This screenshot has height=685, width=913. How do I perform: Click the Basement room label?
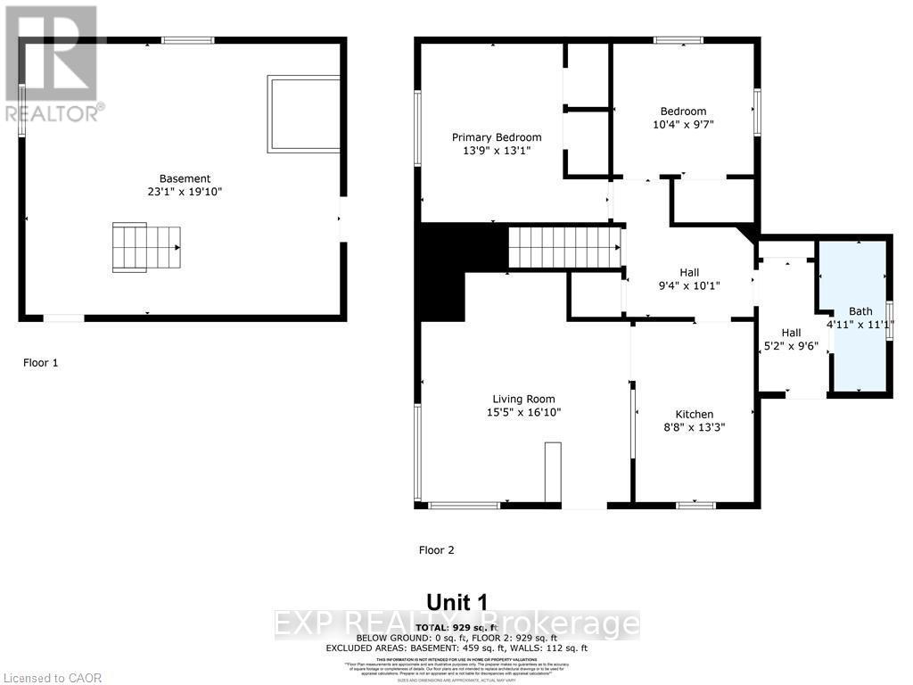185,178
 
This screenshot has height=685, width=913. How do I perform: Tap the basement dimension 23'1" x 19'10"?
185,191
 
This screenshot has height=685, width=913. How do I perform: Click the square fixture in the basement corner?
303,113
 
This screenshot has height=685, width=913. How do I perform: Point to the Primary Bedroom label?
497,136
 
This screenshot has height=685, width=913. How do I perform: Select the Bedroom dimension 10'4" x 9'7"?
683,125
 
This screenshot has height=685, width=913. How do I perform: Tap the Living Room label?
524,399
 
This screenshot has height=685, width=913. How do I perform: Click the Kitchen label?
694,414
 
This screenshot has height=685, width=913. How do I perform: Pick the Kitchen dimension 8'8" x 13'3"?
694,427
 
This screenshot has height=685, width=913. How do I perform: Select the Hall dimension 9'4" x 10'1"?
688,285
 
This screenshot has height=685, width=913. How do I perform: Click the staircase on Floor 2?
564,246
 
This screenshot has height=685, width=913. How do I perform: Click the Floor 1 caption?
40,363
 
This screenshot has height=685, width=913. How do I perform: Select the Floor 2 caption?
437,550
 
